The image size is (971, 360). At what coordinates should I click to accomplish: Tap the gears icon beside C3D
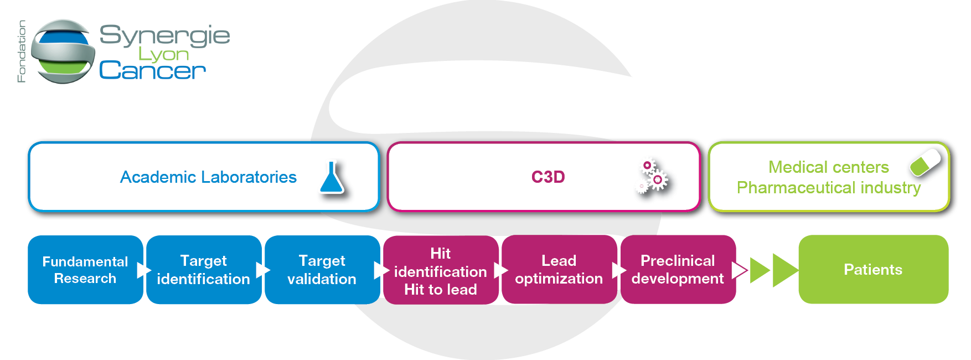[652, 177]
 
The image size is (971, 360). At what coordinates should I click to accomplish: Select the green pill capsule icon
[925, 162]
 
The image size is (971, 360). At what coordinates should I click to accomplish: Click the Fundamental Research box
[85, 270]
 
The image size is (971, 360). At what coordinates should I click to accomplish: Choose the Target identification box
[204, 270]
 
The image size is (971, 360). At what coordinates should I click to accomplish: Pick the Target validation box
[322, 270]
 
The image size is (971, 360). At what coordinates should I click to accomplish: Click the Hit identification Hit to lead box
[441, 270]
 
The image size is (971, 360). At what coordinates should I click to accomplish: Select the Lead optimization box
[559, 270]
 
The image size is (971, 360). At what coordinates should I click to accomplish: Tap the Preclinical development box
[678, 270]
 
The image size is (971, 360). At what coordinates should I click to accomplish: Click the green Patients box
[873, 270]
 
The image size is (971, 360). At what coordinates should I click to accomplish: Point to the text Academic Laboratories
[208, 177]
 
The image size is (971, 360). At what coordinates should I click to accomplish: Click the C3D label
[548, 177]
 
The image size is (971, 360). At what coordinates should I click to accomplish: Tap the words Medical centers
[828, 167]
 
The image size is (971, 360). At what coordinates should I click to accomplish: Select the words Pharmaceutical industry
[829, 188]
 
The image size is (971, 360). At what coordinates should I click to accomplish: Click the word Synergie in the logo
[164, 36]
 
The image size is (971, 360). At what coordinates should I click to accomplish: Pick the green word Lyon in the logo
[163, 54]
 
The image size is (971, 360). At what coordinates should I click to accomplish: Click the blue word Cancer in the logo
[152, 70]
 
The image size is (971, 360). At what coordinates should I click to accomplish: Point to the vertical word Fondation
[22, 52]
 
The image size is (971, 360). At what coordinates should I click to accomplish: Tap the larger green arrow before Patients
[785, 270]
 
